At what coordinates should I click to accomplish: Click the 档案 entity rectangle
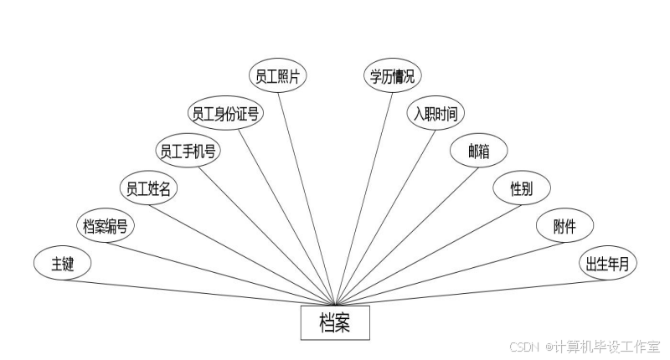tap(335, 323)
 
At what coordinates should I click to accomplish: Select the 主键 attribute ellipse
tap(63, 265)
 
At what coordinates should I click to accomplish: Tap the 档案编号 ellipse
tap(105, 226)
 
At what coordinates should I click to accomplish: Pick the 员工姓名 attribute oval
tap(148, 188)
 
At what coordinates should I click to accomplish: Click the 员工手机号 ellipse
tap(188, 151)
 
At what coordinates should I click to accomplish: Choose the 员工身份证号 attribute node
tap(224, 114)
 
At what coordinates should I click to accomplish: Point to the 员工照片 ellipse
tap(280, 76)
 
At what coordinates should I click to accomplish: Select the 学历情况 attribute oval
tap(393, 76)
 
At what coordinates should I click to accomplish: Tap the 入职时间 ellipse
tap(435, 114)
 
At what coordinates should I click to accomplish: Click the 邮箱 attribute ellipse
tap(478, 151)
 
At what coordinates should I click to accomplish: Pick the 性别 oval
tap(521, 188)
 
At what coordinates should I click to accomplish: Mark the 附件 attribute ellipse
tap(564, 226)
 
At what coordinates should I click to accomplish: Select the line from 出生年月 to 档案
tap(469, 291)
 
